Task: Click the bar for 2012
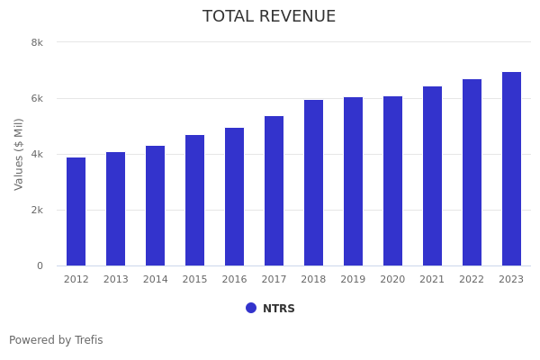pos(76,211)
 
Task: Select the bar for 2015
pos(195,201)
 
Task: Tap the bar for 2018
pos(314,183)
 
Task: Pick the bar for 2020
pos(393,181)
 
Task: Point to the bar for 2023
pos(511,169)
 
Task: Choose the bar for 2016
pos(235,197)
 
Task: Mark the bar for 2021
pos(433,176)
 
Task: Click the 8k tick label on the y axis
pos(37,42)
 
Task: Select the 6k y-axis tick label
pos(37,98)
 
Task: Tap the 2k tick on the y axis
pos(37,210)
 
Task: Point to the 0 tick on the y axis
pos(40,265)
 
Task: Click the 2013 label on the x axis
pos(116,280)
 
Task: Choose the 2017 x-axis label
pos(274,280)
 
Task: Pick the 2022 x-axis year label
pos(472,280)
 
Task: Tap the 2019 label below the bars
pos(354,280)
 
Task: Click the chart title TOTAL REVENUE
pos(269,17)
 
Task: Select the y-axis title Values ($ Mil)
pos(19,154)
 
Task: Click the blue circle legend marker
pos(251,308)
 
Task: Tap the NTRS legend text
pos(279,309)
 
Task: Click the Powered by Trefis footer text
pos(56,340)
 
